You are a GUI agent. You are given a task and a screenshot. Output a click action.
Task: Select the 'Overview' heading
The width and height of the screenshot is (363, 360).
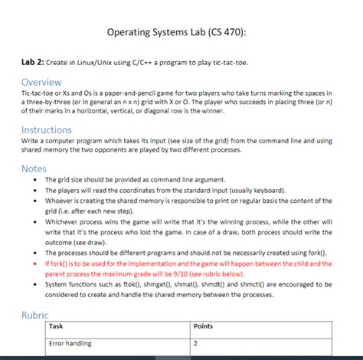[41, 82]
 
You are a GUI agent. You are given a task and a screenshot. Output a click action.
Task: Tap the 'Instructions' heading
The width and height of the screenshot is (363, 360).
[46, 130]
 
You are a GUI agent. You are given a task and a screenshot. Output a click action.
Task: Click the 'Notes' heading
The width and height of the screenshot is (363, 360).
[34, 169]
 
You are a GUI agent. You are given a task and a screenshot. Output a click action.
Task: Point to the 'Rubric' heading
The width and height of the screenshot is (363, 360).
[34, 315]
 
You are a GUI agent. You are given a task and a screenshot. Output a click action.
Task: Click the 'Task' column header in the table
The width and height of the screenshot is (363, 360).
[56, 326]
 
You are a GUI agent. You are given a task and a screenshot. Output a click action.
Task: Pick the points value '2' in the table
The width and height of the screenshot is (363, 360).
[198, 343]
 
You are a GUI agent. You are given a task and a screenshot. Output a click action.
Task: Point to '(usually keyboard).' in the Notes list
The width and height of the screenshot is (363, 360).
[260, 191]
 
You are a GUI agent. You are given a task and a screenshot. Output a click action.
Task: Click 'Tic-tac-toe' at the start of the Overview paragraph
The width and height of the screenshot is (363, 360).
[37, 92]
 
